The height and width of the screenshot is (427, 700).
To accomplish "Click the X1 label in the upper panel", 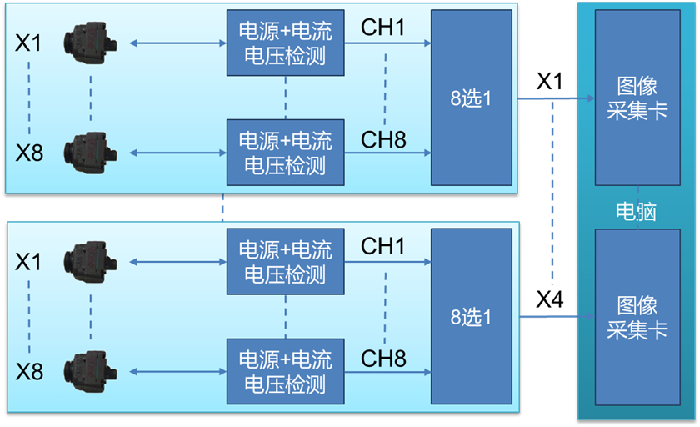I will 28,43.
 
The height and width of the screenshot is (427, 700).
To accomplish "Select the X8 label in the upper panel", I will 29,153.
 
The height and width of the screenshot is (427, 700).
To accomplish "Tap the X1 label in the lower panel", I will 28,262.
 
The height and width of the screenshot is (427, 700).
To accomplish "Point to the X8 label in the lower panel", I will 29,371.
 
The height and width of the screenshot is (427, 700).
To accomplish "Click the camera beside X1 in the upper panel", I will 90,41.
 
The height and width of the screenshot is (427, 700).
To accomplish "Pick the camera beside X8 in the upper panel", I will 90,150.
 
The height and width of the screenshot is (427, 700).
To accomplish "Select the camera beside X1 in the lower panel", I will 90,260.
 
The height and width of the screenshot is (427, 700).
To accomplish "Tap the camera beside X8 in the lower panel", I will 90,369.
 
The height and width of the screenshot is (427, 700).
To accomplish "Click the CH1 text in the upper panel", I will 383,28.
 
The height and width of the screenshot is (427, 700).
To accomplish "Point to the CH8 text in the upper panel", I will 383,139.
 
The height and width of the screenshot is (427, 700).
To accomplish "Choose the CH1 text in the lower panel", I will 383,247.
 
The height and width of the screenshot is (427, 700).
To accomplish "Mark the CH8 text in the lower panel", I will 383,359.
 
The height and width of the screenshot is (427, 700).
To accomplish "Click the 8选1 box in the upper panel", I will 472,98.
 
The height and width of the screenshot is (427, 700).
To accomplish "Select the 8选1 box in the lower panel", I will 472,317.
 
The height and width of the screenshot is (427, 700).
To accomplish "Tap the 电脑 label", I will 636,211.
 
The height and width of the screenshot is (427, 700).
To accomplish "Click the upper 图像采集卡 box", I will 637,98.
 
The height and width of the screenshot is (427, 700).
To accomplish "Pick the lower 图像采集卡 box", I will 637,317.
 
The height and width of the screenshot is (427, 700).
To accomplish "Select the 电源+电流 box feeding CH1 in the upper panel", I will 285,43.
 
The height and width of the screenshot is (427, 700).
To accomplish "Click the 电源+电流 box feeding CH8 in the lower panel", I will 285,372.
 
